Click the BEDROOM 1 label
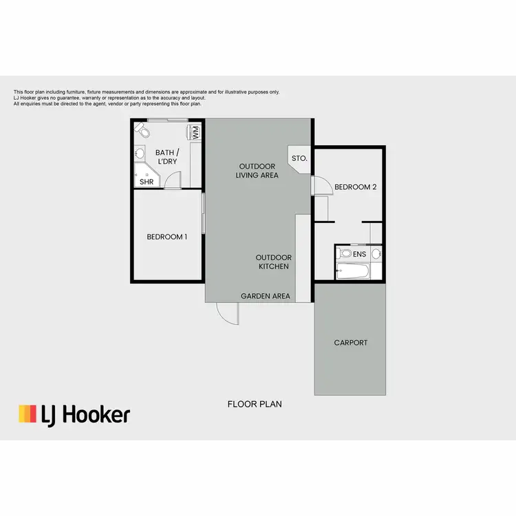pyautogui.click(x=166, y=237)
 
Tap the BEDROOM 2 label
pyautogui.click(x=355, y=186)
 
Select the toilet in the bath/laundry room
pyautogui.click(x=141, y=128)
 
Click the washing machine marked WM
pyautogui.click(x=195, y=132)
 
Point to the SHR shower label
pyautogui.click(x=147, y=182)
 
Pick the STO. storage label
pyautogui.click(x=299, y=158)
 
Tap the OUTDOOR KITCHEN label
pyautogui.click(x=273, y=261)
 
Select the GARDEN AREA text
pyautogui.click(x=265, y=297)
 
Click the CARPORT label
pyautogui.click(x=351, y=343)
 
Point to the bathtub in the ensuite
pyautogui.click(x=354, y=272)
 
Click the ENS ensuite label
pyautogui.click(x=359, y=255)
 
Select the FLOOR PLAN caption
pyautogui.click(x=255, y=404)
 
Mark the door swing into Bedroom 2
pyautogui.click(x=322, y=186)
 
